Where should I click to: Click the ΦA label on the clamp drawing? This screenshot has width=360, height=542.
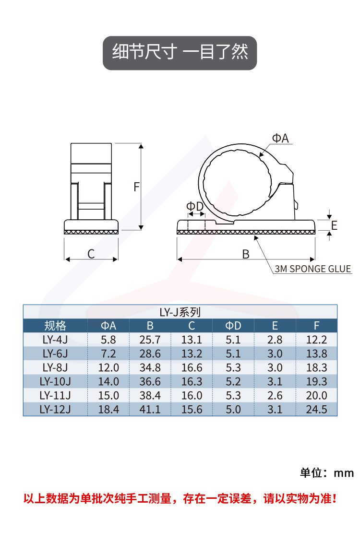pos(280,138)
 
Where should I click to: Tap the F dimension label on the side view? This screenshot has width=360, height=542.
pos(137,187)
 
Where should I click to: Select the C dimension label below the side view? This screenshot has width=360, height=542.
pos(91,254)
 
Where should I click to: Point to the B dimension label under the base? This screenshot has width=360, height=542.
pos(246,254)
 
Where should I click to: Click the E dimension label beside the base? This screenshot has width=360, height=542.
pos(334,225)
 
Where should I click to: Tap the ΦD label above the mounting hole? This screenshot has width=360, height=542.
pos(195,206)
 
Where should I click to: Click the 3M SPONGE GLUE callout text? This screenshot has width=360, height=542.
pos(312,269)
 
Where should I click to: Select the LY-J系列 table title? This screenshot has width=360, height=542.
pos(180,312)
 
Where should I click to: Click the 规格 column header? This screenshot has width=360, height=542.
pos(55,326)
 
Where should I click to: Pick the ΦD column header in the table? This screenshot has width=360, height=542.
pos(233,326)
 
